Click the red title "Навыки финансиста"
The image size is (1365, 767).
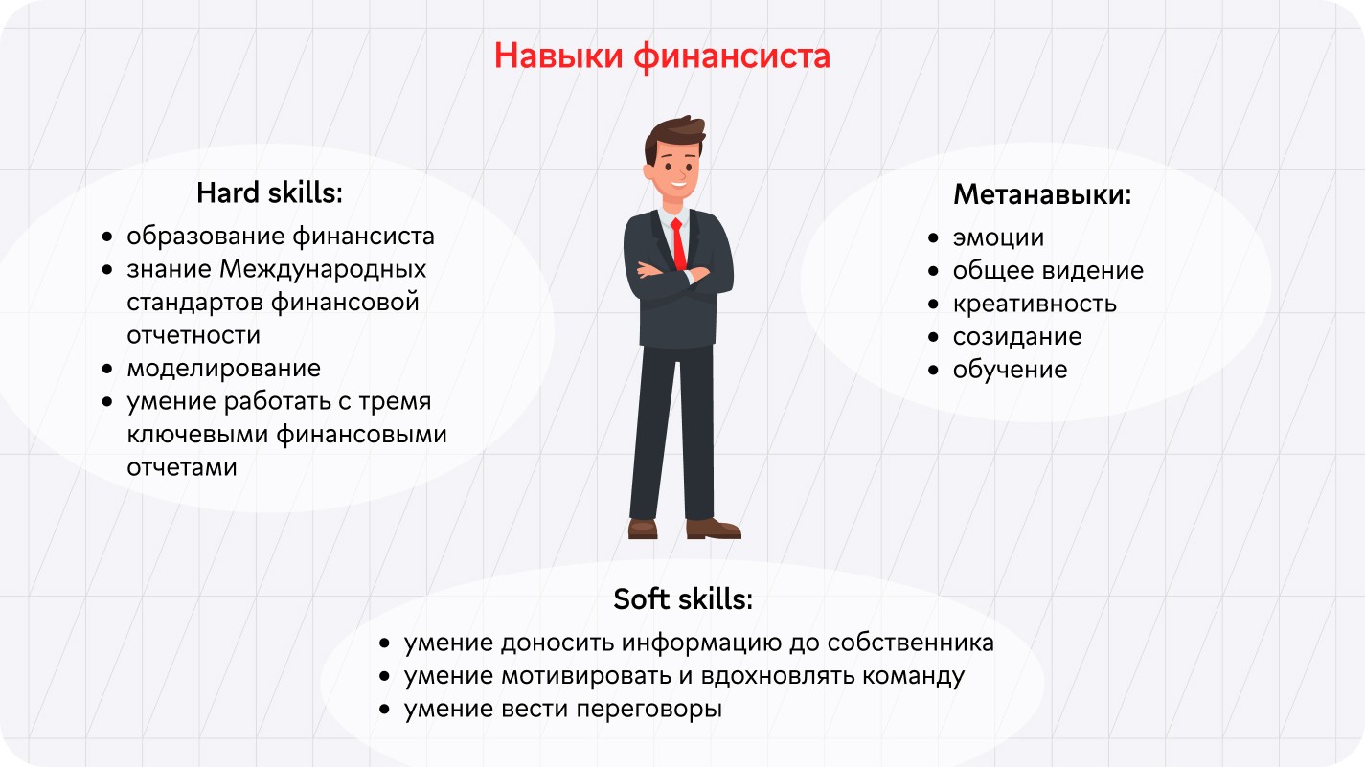tap(662, 56)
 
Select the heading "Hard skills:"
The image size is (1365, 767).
tap(269, 193)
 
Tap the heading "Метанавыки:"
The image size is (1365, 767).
tap(1042, 195)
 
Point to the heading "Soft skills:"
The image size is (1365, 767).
tap(683, 599)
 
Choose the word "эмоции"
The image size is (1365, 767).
tap(998, 238)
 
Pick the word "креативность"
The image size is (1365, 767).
tap(1035, 304)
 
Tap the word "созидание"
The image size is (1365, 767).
tap(1017, 337)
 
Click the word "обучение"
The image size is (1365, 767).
tap(1010, 371)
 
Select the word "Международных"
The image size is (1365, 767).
tap(323, 270)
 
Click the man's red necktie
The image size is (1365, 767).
tap(678, 244)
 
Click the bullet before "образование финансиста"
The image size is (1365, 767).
tap(108, 237)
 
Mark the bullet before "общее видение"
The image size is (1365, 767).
tap(934, 271)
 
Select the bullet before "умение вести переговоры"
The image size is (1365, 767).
tap(384, 710)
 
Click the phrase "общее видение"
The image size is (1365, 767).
tap(1048, 271)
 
